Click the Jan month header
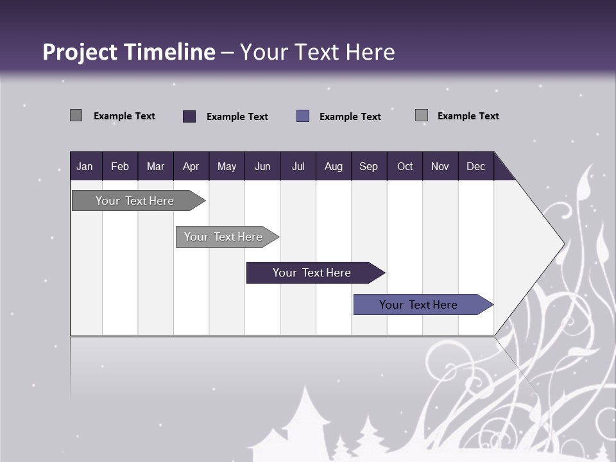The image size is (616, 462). [x=85, y=166]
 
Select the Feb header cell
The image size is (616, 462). [x=120, y=166]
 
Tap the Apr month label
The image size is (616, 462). [x=191, y=166]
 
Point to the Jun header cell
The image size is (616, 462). [x=262, y=166]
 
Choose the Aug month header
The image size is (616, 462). [x=333, y=166]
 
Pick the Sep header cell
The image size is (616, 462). [x=368, y=166]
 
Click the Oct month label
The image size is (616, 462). [x=405, y=166]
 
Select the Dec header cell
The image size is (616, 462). [x=475, y=166]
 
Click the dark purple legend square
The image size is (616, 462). [x=189, y=116]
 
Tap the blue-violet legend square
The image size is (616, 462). [x=303, y=116]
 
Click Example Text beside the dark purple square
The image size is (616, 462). [x=237, y=117]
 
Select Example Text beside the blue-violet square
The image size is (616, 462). [x=350, y=117]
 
